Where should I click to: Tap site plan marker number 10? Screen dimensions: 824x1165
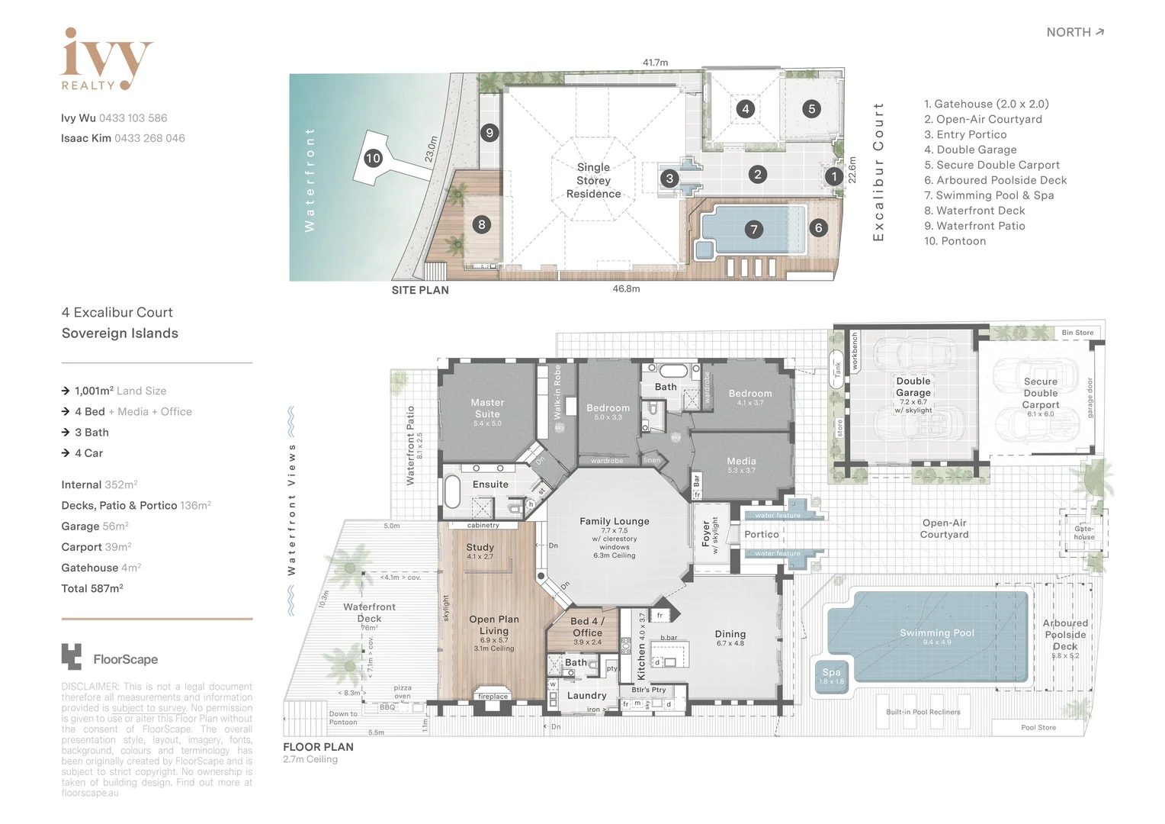[373, 159]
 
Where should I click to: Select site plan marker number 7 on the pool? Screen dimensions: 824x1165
[754, 229]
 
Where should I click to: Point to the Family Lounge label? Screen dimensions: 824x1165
[614, 522]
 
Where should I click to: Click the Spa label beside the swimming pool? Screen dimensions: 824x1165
[831, 673]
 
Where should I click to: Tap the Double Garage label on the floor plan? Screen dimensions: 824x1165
[913, 387]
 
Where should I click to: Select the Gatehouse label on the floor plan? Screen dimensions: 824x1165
[1083, 533]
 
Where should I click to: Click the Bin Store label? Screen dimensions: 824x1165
[1077, 333]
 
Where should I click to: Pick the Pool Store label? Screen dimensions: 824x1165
[1038, 728]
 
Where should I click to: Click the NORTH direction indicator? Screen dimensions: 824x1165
[1075, 32]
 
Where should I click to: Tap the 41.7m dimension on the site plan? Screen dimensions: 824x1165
[655, 63]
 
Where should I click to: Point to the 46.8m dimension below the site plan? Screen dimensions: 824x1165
[626, 289]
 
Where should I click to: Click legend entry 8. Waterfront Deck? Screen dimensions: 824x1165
[974, 211]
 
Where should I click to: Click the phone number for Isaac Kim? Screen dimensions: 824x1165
[149, 138]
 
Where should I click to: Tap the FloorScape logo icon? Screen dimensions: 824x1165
[71, 657]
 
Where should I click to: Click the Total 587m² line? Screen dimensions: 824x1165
[92, 588]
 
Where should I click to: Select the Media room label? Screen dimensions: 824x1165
[741, 462]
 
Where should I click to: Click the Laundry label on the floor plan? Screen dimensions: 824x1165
[586, 696]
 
